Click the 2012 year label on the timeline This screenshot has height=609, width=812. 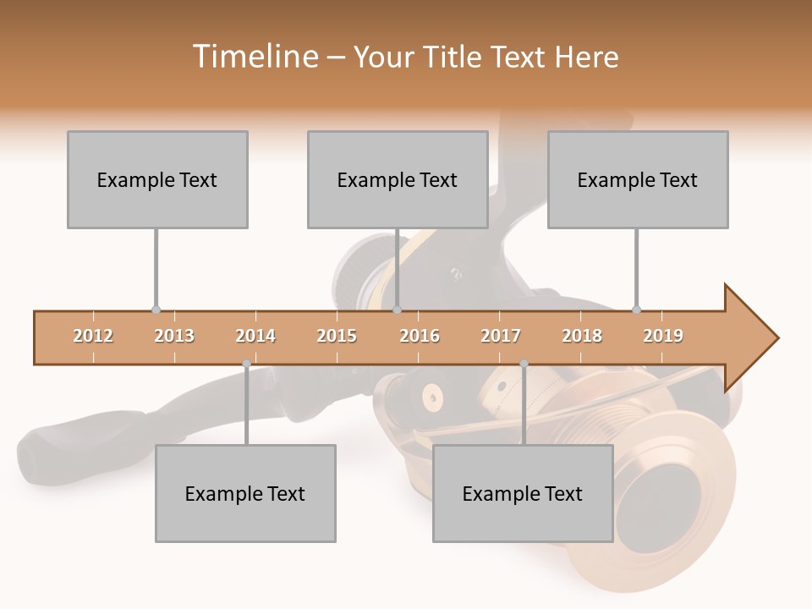(x=93, y=336)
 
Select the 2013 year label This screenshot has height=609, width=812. (x=174, y=336)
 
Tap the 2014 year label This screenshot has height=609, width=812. (x=255, y=336)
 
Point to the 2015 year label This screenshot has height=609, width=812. (x=337, y=336)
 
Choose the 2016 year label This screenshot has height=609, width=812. (x=420, y=336)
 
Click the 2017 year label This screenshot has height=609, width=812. (x=501, y=336)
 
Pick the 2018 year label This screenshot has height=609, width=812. (x=582, y=336)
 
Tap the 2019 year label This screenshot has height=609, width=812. (x=663, y=336)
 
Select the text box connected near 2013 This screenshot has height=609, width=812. (x=157, y=179)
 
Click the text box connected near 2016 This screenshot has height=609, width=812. (x=398, y=179)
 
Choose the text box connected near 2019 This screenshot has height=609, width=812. (x=638, y=179)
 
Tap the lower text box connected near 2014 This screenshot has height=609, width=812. (x=245, y=493)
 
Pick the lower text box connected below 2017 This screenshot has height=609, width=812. (x=523, y=493)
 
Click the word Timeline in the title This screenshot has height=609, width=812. (x=255, y=57)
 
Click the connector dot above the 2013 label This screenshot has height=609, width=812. (x=156, y=310)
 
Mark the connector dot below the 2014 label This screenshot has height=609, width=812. (x=246, y=364)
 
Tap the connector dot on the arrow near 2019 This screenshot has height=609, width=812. (x=636, y=310)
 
